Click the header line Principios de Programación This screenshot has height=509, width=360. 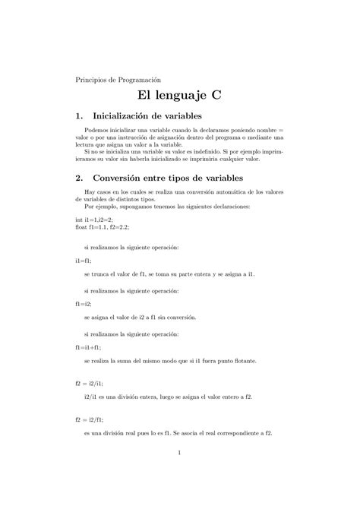point(118,79)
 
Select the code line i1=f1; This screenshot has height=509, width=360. point(84,260)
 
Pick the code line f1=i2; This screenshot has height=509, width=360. point(84,302)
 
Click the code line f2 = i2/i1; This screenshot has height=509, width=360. point(90,384)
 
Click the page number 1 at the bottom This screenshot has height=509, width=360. point(179,454)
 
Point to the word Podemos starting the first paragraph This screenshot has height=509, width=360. point(99,131)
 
